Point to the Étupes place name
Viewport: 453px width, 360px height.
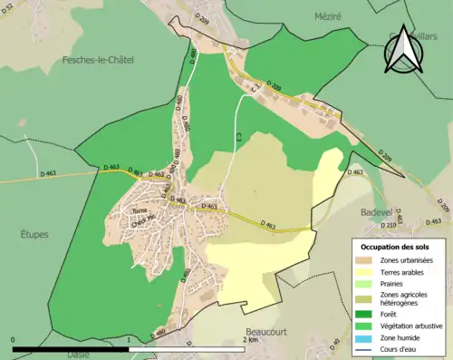pyautogui.click(x=34, y=234)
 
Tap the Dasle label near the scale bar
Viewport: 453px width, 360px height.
pyautogui.click(x=78, y=355)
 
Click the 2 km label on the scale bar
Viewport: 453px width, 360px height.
pyautogui.click(x=252, y=340)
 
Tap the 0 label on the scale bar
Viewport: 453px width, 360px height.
pyautogui.click(x=14, y=340)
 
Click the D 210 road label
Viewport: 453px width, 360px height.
pyautogui.click(x=389, y=225)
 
